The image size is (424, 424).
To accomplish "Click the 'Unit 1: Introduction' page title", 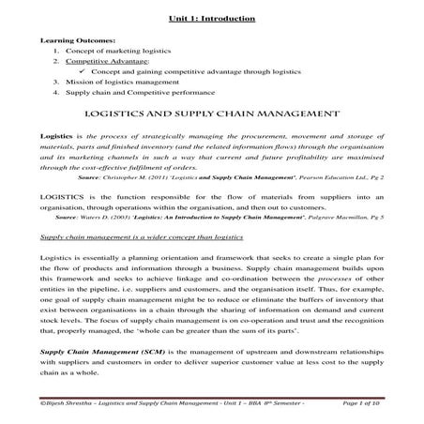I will (x=211, y=18).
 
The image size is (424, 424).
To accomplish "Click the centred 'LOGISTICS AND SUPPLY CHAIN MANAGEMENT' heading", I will (x=211, y=113).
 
